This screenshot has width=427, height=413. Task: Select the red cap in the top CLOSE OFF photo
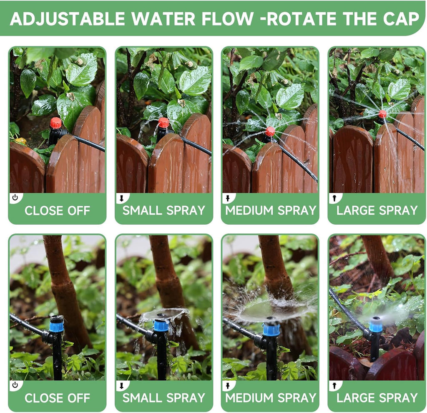(x=55, y=123)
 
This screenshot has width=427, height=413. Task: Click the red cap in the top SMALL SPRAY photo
(x=163, y=122)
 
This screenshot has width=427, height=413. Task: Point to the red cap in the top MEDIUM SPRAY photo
(x=270, y=132)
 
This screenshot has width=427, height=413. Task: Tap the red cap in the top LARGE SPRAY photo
(x=382, y=114)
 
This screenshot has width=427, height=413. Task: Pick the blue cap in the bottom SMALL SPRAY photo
(x=161, y=325)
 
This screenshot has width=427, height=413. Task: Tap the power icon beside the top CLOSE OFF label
(x=15, y=198)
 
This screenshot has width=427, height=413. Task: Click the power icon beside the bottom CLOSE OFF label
(x=15, y=385)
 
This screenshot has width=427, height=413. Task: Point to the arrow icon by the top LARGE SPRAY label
(x=334, y=198)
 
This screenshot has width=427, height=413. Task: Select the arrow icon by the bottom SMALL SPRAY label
(x=121, y=385)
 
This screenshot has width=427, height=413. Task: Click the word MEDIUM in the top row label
(x=249, y=210)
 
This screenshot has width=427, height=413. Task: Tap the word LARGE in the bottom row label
(x=355, y=398)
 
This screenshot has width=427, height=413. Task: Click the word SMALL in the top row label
(x=142, y=210)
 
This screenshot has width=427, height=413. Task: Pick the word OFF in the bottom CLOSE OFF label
(x=79, y=398)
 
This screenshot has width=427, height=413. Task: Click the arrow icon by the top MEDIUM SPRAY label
(x=228, y=198)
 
